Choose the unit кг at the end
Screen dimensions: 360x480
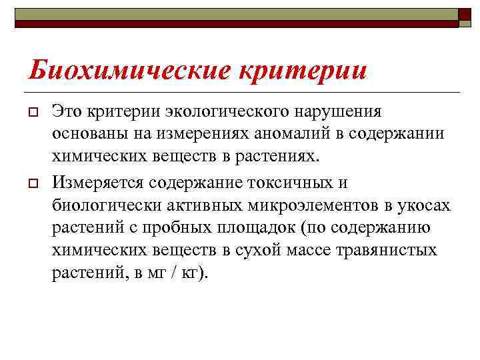pos(189,274)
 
